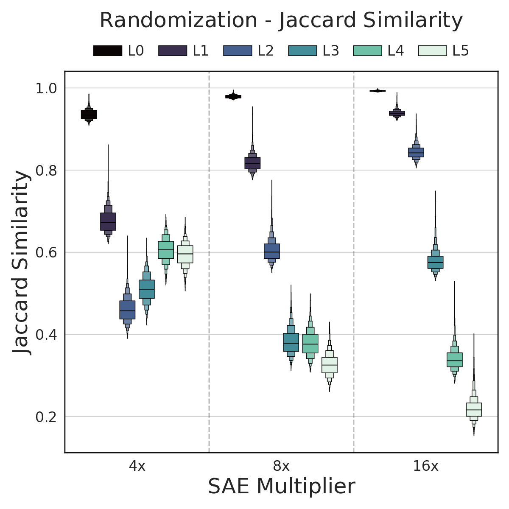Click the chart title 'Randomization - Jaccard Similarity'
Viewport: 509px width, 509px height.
click(281, 20)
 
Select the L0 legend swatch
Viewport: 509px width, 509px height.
click(108, 51)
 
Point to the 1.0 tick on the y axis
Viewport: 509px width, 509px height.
click(47, 88)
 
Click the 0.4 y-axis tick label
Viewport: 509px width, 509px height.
click(47, 335)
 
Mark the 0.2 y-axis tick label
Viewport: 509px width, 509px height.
click(47, 417)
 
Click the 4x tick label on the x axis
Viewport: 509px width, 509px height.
click(137, 467)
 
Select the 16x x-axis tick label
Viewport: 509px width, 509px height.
click(425, 467)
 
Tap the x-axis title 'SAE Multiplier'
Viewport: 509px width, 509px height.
click(281, 487)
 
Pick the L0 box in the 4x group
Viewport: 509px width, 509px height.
click(89, 115)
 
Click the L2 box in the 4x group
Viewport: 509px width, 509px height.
click(127, 310)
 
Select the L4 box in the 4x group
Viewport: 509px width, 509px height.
click(166, 250)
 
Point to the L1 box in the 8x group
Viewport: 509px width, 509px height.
click(252, 163)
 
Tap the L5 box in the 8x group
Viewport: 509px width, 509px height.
click(330, 365)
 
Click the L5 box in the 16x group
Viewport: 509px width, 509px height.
click(474, 409)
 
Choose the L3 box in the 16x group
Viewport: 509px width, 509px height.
click(435, 262)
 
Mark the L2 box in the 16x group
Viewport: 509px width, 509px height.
click(416, 152)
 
